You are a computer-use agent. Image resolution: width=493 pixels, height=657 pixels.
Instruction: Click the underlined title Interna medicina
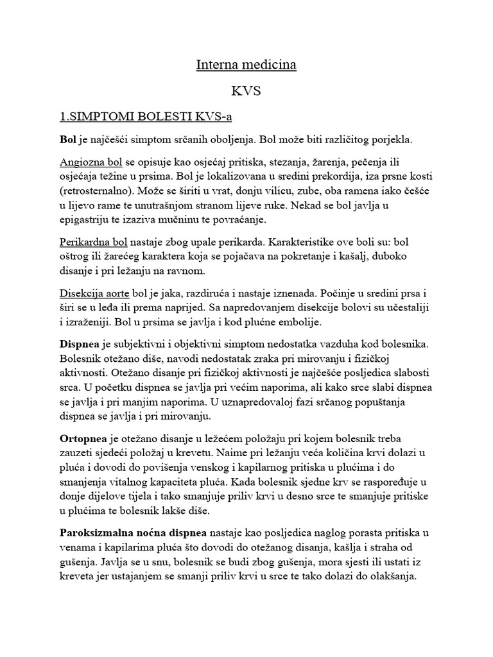(246, 65)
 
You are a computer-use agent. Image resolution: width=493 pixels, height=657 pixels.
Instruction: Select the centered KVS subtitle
(246, 91)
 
